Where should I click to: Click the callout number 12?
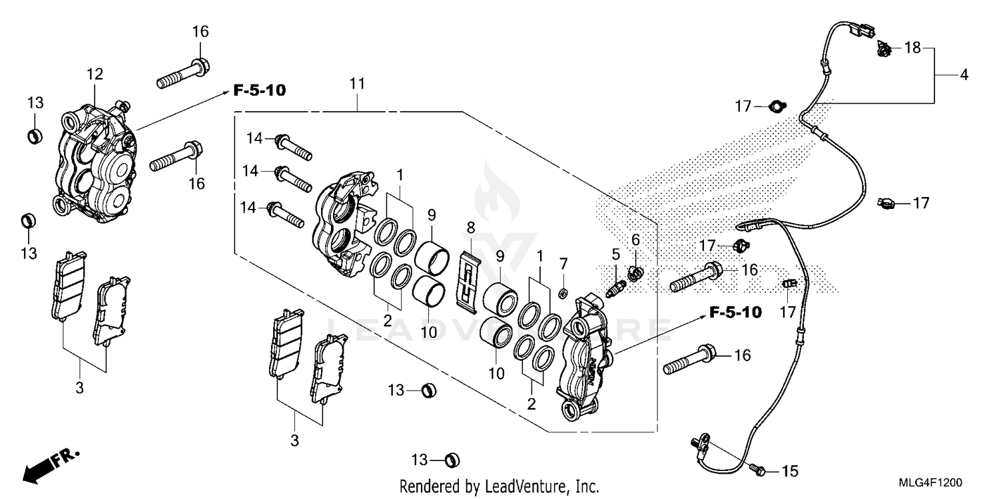(95, 74)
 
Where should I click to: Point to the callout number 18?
(912, 48)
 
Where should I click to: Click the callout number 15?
(789, 472)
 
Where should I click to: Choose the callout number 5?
(616, 253)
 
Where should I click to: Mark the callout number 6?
(635, 240)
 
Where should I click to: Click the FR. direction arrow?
(51, 465)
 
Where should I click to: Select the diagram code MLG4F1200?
(932, 482)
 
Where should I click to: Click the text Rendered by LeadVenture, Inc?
(499, 486)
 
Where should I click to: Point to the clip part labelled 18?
(884, 48)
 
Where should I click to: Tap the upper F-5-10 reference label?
(259, 90)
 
